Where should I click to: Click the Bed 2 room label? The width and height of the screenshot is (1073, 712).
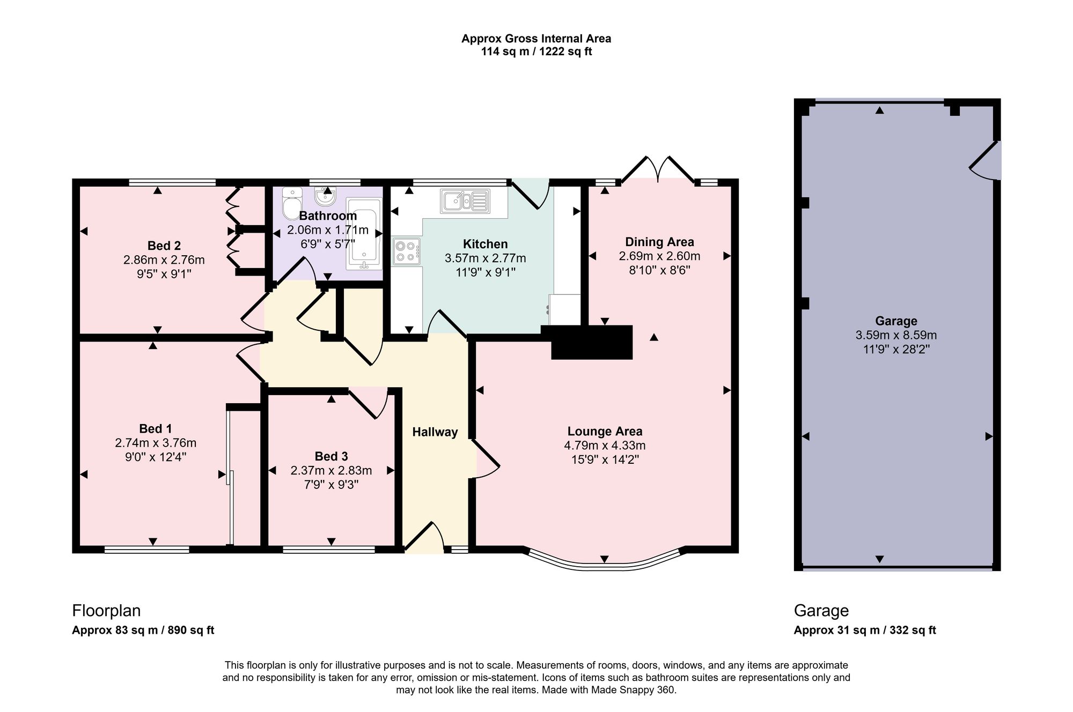click(164, 246)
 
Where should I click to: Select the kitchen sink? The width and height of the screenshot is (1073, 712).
click(465, 201)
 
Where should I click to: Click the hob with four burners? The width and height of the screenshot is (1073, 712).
click(407, 251)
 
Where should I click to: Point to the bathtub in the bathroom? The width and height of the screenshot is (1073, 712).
click(364, 234)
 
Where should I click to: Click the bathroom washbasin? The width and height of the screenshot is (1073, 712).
click(324, 197)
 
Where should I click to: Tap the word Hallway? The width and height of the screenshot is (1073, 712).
click(435, 432)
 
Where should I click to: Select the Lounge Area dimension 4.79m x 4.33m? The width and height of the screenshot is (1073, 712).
click(605, 446)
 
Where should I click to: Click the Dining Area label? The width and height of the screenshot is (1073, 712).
click(659, 242)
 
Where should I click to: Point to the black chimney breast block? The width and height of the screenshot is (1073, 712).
click(592, 342)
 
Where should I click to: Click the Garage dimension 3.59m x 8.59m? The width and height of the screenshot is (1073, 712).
click(896, 336)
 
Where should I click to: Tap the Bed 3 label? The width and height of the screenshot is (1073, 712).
click(331, 456)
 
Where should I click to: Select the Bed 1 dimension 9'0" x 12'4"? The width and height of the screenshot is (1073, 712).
click(156, 457)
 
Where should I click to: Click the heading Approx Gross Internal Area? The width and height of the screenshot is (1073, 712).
click(536, 39)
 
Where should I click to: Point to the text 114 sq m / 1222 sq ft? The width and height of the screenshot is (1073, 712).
click(536, 52)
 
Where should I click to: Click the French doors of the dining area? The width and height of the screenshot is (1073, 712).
click(657, 170)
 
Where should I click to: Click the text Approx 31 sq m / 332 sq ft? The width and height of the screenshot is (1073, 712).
click(865, 631)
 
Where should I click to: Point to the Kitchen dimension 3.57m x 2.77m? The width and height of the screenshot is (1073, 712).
click(486, 258)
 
